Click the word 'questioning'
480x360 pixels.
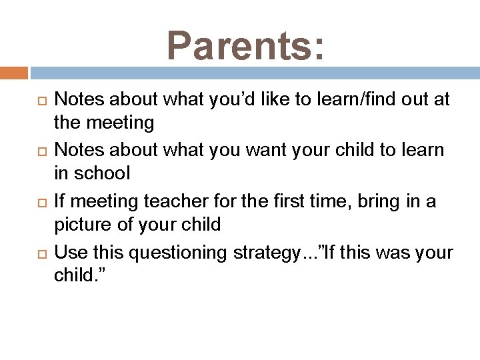175,254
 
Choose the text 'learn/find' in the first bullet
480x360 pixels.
353,100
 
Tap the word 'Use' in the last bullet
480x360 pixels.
69,254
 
